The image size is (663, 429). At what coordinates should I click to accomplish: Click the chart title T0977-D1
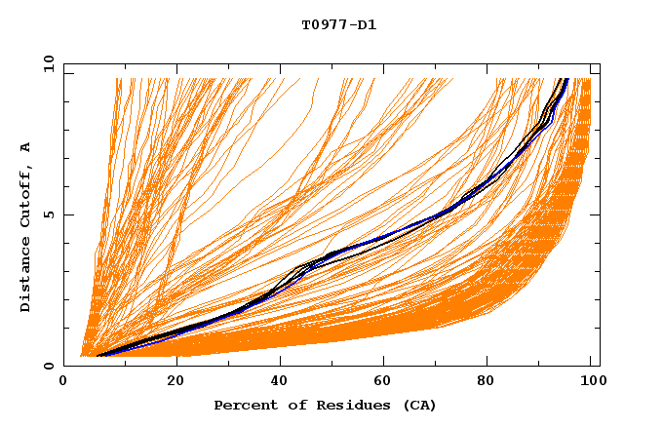339,25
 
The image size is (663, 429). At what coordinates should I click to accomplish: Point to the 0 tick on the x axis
63,381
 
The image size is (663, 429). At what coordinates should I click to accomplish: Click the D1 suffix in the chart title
366,25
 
